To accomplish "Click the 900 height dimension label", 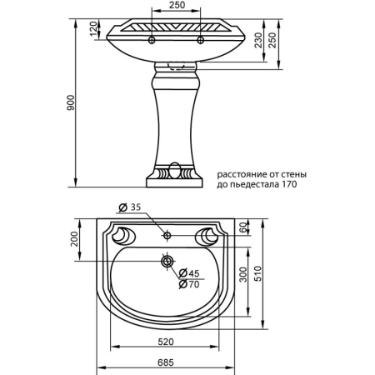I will click(72, 102).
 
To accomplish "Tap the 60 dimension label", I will click(244, 227).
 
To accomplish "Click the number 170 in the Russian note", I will click(288, 185).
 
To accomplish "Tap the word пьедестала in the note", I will click(255, 185).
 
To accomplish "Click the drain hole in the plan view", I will click(167, 262).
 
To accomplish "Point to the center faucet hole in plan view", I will click(167, 236).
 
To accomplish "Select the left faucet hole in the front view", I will click(152, 38).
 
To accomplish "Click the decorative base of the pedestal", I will click(174, 176).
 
